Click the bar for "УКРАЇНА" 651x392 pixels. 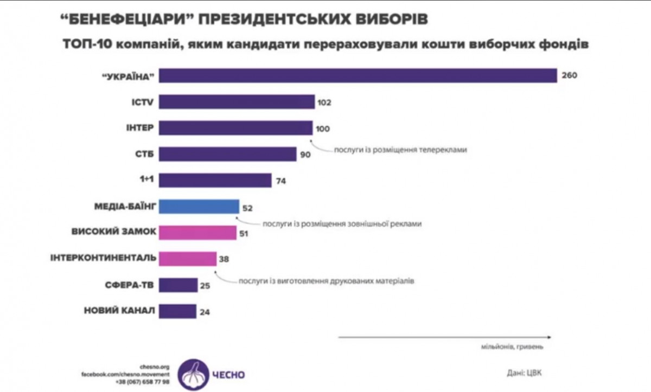coord(358,75)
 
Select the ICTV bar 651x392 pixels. coord(237,101)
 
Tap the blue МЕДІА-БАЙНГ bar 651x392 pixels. coord(199,207)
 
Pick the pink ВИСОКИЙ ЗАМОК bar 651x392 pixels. coord(198,233)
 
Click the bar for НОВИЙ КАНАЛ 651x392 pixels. coord(178,311)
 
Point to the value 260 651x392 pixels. coord(569,75)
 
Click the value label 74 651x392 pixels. coord(281,181)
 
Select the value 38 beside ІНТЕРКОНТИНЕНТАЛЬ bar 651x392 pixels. coord(224,259)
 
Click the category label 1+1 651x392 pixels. coord(145,180)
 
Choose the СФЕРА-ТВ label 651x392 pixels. coord(131,285)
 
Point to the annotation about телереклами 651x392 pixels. coord(400,150)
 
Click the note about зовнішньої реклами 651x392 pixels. coord(342,223)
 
